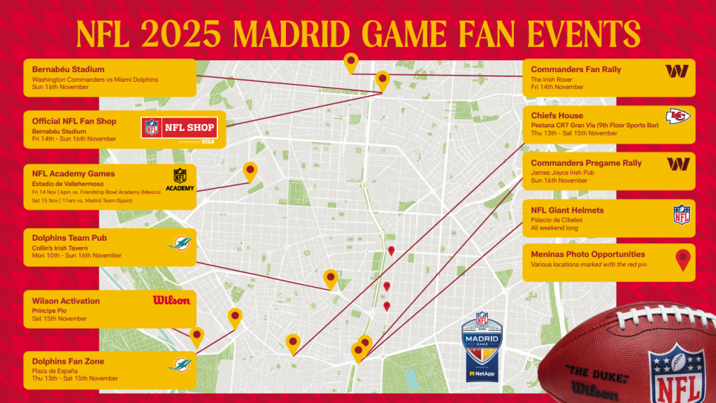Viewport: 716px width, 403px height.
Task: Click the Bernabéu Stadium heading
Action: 68,69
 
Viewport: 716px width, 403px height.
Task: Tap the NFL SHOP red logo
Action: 178,129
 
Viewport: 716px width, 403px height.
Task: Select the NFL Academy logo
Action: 180,179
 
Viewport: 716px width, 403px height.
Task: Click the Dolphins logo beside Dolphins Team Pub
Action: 181,243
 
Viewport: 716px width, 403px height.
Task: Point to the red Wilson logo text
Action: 171,300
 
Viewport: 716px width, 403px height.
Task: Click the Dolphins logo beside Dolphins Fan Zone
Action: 180,364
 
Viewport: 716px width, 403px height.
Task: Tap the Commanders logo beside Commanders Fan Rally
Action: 677,71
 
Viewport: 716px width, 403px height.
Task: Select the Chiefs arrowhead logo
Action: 677,117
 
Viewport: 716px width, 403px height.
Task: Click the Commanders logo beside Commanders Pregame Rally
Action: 677,164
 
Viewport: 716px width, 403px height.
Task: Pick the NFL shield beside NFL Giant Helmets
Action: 681,215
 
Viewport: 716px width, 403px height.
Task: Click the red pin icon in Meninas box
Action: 683,260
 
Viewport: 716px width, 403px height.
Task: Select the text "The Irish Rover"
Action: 551,80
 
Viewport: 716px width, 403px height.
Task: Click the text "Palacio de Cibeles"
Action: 557,220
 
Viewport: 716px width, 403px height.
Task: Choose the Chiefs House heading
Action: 557,115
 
